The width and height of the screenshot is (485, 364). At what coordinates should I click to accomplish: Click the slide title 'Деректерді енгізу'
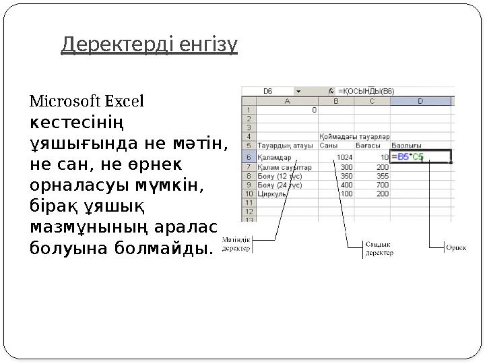pos(149,45)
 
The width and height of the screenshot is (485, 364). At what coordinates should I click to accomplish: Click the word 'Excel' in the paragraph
pos(125,102)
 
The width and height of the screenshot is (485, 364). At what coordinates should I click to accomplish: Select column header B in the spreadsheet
pos(337,100)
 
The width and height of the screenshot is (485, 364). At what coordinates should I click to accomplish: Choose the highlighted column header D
pos(420,100)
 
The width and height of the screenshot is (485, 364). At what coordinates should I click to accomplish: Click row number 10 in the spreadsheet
pos(248,193)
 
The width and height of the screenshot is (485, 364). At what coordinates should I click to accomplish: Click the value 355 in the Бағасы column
pos(382,175)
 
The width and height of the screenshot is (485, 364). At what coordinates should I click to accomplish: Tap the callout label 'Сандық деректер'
pos(379,248)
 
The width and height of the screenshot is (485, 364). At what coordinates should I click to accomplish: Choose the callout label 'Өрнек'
pos(455,247)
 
